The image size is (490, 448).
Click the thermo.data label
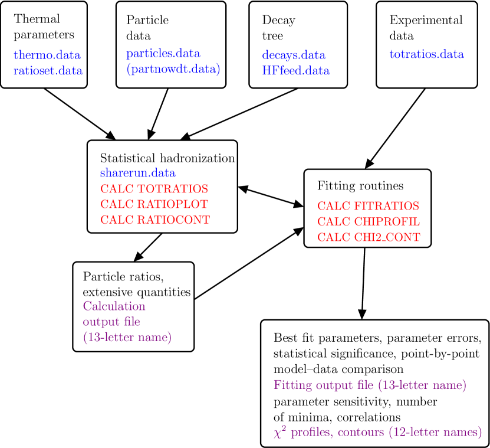(x=47, y=55)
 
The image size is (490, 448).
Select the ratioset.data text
(x=48, y=71)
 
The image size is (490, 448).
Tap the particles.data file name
(x=163, y=54)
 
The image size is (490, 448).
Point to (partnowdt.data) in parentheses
(x=173, y=70)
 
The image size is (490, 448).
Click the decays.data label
(x=294, y=55)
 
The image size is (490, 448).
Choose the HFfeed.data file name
(x=295, y=71)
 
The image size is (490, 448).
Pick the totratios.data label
(x=426, y=55)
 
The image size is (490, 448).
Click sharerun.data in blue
(x=137, y=174)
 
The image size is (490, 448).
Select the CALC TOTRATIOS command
(x=154, y=189)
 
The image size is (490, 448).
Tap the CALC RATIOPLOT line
(x=154, y=205)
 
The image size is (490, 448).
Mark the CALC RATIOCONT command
(x=155, y=220)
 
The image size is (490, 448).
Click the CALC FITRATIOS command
(x=368, y=207)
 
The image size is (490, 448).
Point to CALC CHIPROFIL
(x=369, y=222)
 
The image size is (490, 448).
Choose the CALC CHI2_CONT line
(x=369, y=238)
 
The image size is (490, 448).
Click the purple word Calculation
(x=114, y=306)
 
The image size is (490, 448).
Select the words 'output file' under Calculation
(x=111, y=322)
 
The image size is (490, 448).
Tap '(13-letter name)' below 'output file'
(x=127, y=338)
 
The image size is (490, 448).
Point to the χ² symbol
(x=279, y=432)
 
